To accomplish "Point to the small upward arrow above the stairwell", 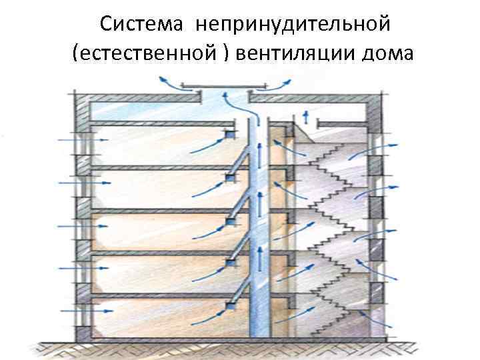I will pos(306,117).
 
